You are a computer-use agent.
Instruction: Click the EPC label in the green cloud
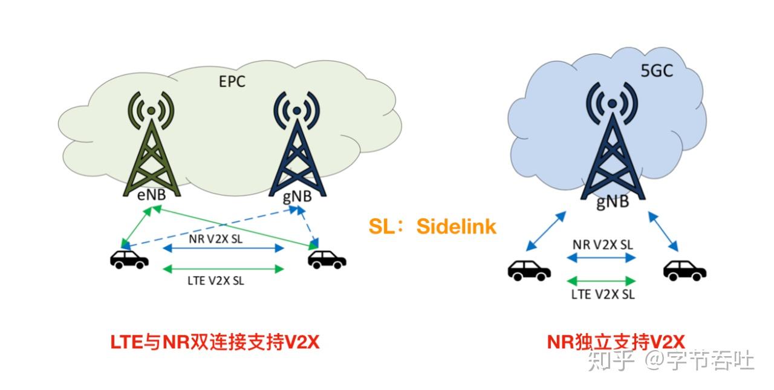point(232,82)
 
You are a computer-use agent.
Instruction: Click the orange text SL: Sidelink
point(432,226)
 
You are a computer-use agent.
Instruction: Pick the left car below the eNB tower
point(129,260)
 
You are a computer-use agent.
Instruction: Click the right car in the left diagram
point(327,260)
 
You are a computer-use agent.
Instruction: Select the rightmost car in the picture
point(685,270)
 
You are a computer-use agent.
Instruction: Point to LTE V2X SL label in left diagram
point(216,280)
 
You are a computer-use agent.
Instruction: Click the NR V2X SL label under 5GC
point(603,245)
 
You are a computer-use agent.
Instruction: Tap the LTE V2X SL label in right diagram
point(603,294)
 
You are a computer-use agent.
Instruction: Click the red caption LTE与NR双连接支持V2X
point(214,342)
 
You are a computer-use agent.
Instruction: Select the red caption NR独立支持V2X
point(616,342)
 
